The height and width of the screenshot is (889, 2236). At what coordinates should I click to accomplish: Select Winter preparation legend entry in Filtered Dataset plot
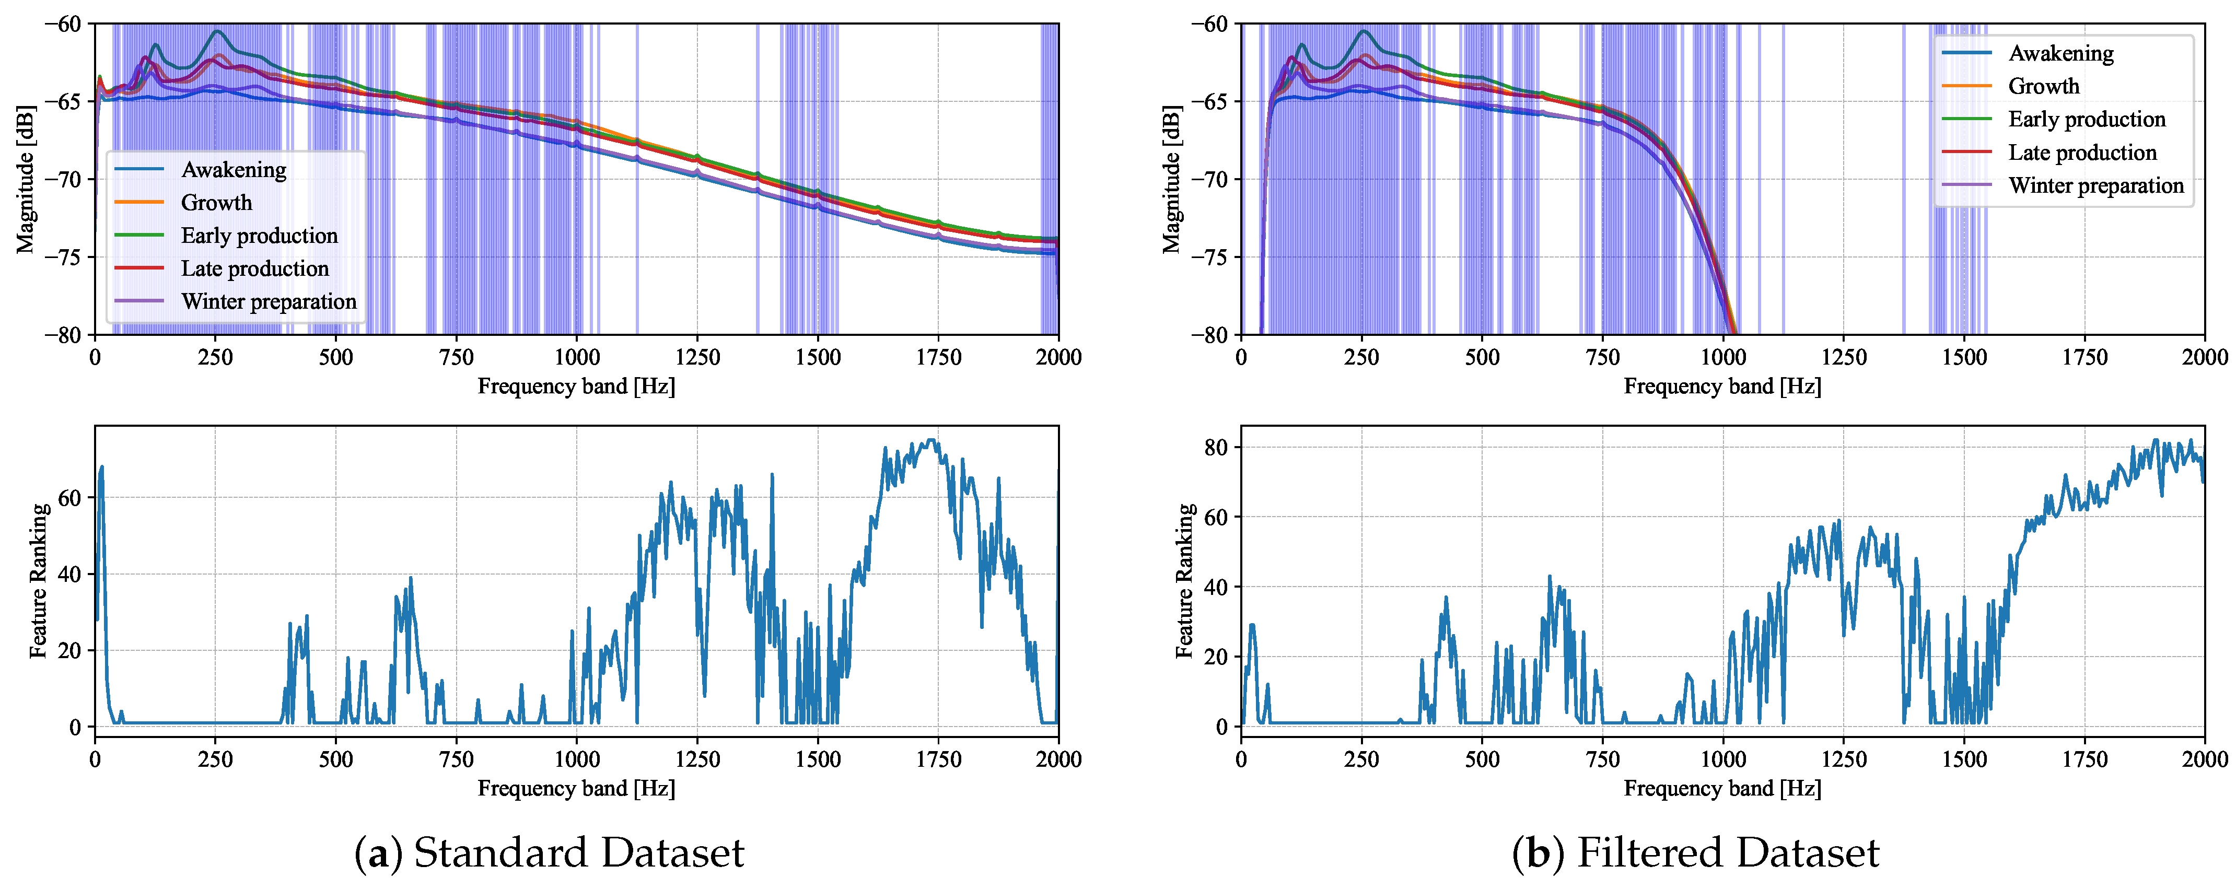click(x=2095, y=186)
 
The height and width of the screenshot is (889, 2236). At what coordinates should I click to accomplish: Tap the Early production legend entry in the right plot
click(x=2086, y=119)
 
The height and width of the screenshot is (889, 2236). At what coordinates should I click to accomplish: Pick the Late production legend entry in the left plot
click(x=254, y=268)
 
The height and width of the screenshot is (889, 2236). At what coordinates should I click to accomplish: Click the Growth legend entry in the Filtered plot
click(x=2043, y=86)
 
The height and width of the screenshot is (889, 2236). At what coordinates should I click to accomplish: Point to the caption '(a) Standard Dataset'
click(x=550, y=852)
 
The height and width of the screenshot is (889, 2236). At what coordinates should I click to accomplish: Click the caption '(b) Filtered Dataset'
click(x=1695, y=852)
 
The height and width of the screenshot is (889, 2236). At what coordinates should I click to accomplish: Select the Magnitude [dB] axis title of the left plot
click(x=26, y=180)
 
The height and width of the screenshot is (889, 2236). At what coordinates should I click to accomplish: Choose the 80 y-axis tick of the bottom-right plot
click(x=1216, y=447)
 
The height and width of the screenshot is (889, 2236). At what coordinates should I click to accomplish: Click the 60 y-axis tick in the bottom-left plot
click(x=69, y=497)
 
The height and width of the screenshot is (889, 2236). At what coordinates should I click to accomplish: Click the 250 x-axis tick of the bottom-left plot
click(x=215, y=759)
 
